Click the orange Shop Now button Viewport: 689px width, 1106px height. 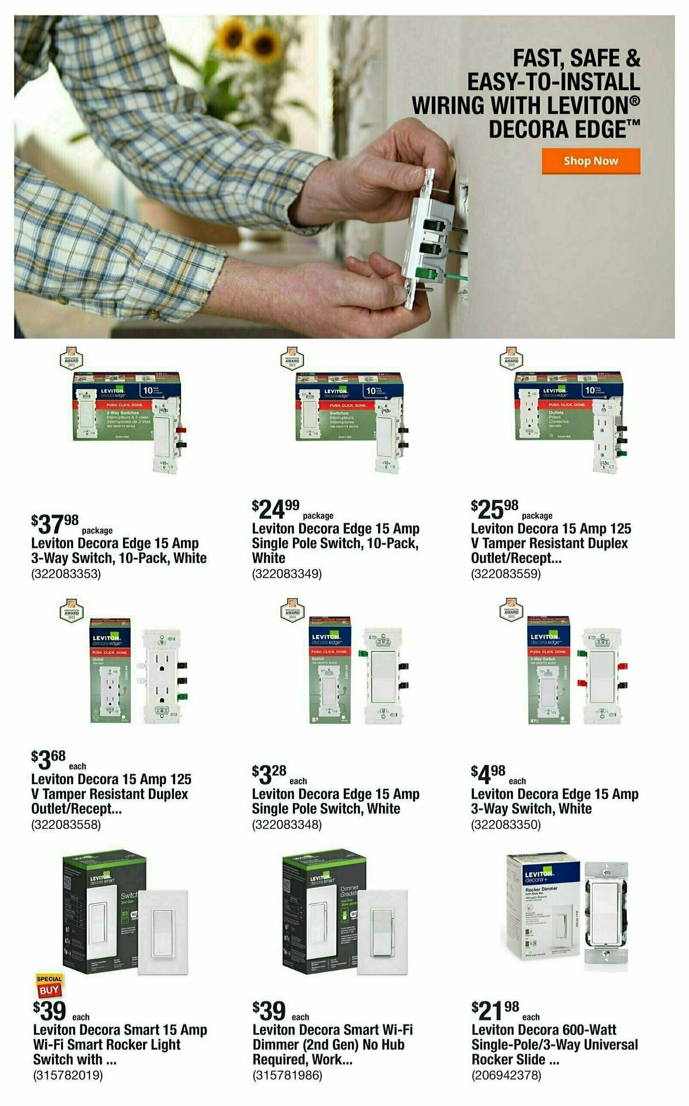pyautogui.click(x=590, y=161)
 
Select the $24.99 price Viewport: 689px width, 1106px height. pyautogui.click(x=276, y=508)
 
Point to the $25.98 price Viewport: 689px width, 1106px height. pyautogui.click(x=494, y=508)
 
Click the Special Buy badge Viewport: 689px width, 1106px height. pyautogui.click(x=49, y=986)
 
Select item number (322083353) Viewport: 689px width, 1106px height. pyautogui.click(x=66, y=574)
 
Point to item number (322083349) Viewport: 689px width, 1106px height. pyautogui.click(x=287, y=574)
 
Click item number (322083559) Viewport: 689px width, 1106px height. pyautogui.click(x=506, y=574)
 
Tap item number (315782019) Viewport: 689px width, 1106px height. pyautogui.click(x=68, y=1075)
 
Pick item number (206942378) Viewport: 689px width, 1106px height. pyautogui.click(x=506, y=1075)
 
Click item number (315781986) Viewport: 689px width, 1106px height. pyautogui.click(x=287, y=1075)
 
